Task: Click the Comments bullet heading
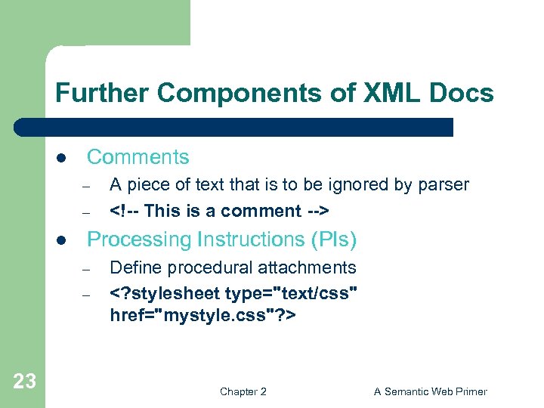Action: [x=138, y=157]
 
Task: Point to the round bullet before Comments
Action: [x=63, y=159]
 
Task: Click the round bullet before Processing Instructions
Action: [x=63, y=241]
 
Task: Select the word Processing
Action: [x=139, y=240]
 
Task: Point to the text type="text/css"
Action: [x=291, y=293]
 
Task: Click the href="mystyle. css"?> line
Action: [x=203, y=314]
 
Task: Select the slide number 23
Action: [x=24, y=382]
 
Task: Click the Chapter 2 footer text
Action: [x=243, y=391]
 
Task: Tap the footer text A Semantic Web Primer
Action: [x=431, y=391]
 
